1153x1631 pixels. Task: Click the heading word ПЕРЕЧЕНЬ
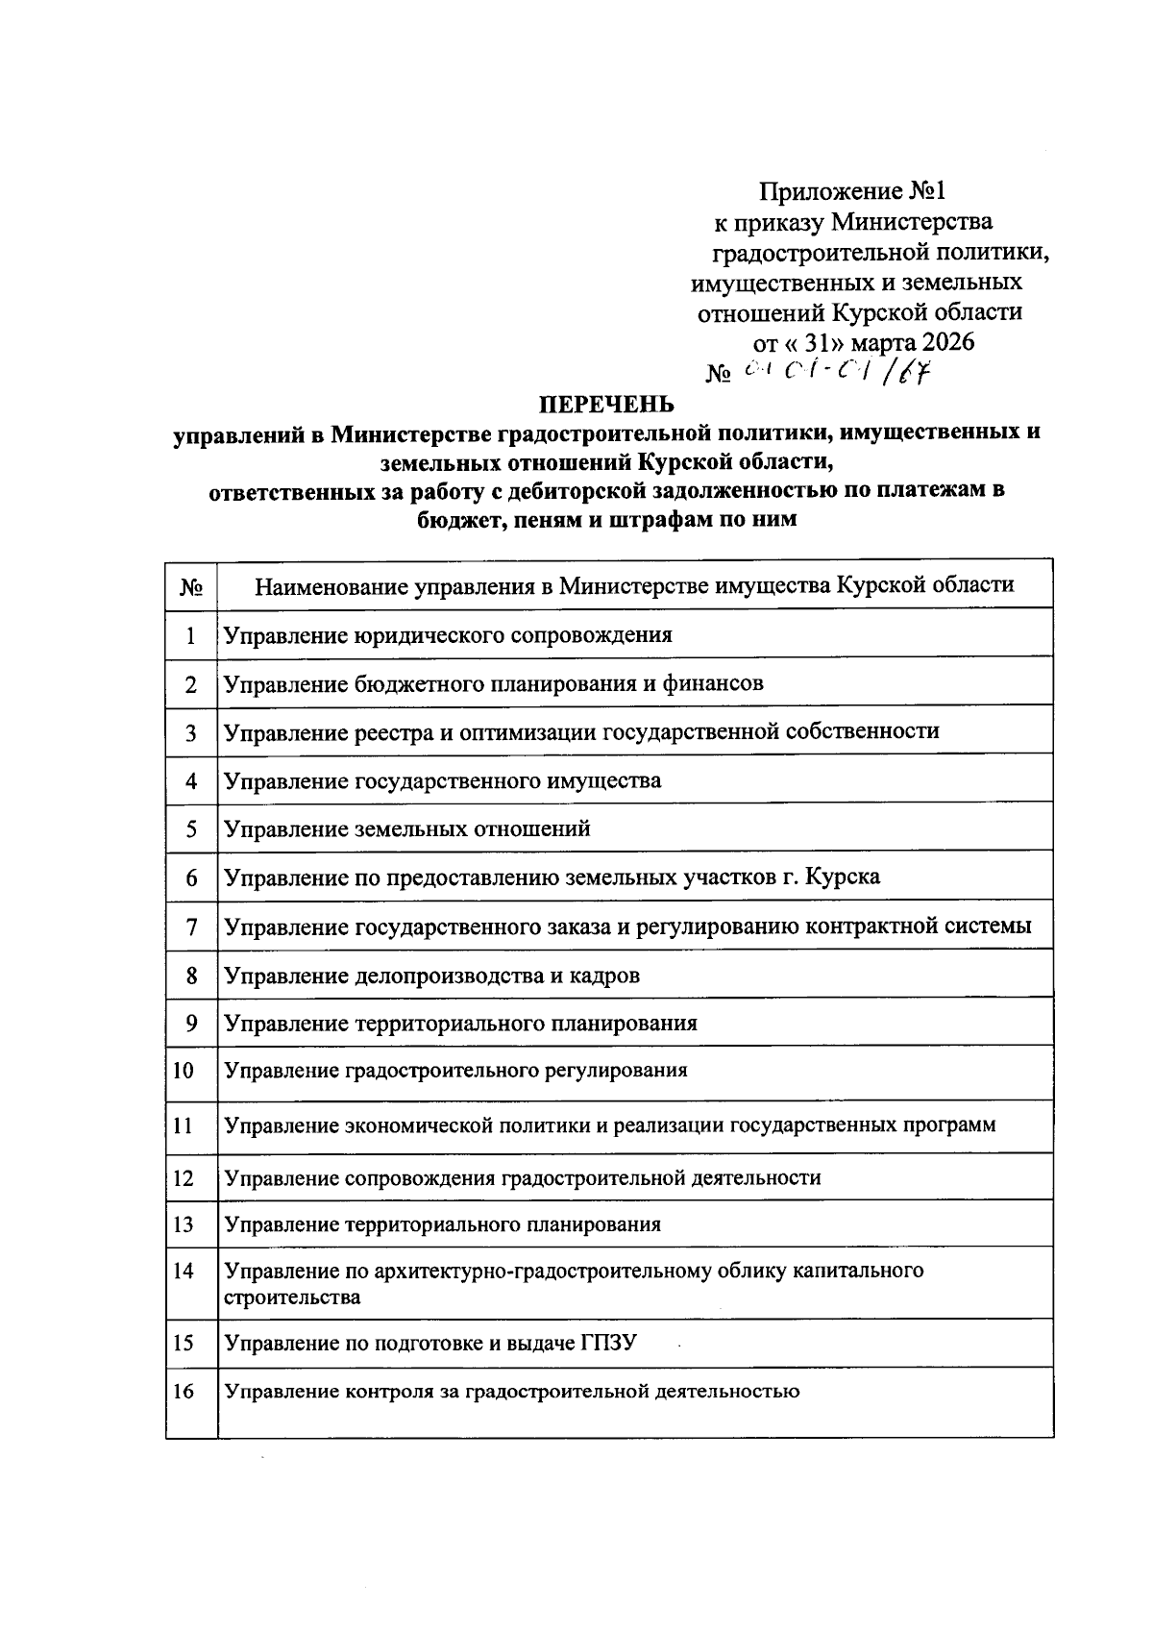pos(605,404)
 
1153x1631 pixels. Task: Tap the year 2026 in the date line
pos(947,342)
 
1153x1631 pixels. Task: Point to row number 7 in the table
pos(191,927)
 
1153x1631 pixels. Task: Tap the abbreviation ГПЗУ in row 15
pos(608,1343)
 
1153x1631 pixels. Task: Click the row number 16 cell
pos(183,1392)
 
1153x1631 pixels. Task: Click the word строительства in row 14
pos(292,1297)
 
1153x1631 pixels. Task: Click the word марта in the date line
pos(881,342)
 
